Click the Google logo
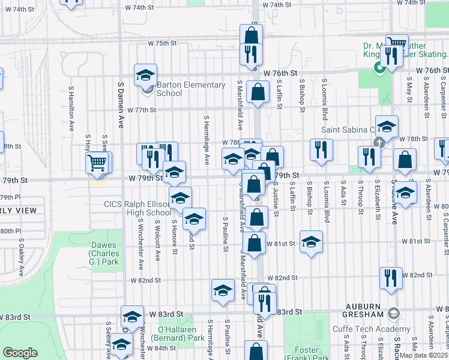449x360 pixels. pos(20,353)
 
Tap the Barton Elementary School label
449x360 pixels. pos(190,89)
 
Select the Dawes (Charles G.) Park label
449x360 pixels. pos(104,253)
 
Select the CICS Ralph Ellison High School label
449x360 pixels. pos(137,208)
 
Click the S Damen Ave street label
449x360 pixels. pos(120,114)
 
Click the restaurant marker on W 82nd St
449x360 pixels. pos(390,278)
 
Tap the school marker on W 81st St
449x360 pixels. pos(311,242)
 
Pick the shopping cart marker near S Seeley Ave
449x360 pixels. pos(97,162)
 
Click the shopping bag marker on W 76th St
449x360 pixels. pos(258,93)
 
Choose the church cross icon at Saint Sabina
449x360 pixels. pos(379,143)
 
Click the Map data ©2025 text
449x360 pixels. pos(424,355)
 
